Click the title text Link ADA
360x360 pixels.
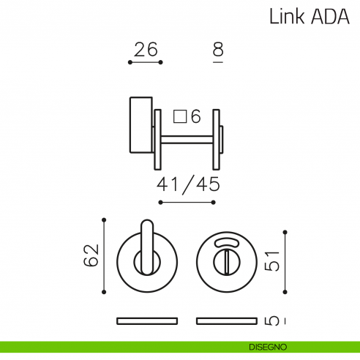click(310, 16)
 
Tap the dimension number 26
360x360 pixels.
click(146, 50)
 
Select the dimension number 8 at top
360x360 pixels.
click(218, 49)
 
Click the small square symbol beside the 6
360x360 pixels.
click(180, 116)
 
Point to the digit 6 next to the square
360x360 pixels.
click(195, 116)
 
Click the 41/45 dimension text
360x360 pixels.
click(188, 184)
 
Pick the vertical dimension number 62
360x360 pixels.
click(91, 255)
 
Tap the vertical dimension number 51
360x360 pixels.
click(271, 260)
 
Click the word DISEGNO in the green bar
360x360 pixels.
click(268, 347)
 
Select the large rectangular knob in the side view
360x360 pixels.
click(141, 125)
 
